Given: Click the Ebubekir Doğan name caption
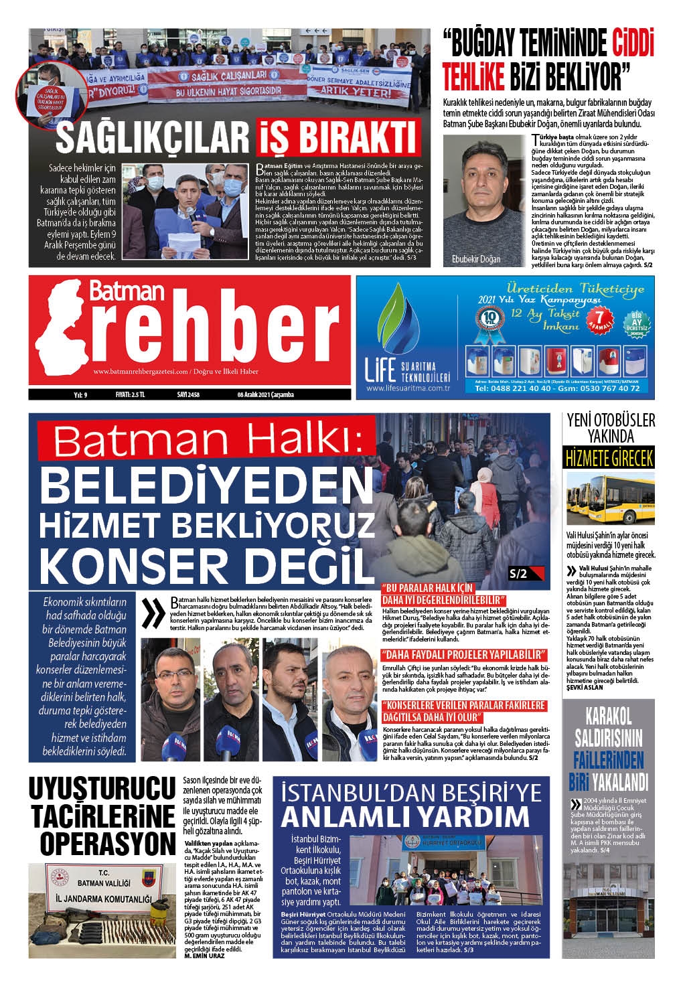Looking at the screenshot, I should pyautogui.click(x=475, y=259).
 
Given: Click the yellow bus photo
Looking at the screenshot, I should pyautogui.click(x=610, y=499).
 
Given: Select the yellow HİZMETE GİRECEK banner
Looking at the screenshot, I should pyautogui.click(x=609, y=459).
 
